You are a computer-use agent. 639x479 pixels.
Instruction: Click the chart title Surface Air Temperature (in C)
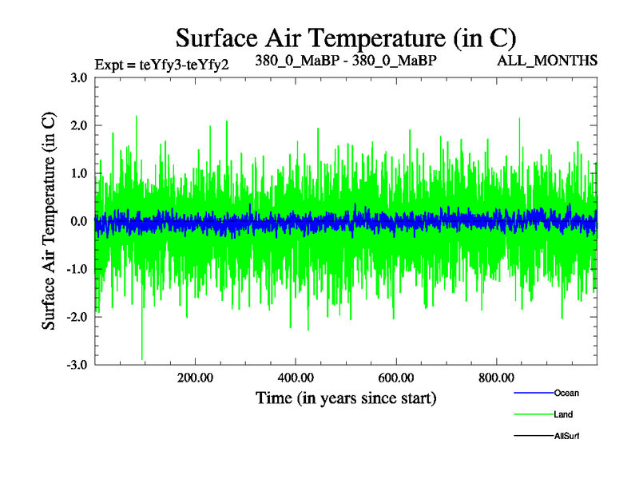[345, 38]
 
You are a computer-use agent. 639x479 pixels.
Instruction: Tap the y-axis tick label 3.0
[79, 77]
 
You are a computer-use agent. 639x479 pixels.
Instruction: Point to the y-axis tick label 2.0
[79, 125]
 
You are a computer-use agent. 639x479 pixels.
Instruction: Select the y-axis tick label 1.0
[79, 173]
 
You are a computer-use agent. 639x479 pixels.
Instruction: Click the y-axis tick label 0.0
[79, 221]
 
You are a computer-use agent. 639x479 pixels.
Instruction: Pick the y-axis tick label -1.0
[77, 269]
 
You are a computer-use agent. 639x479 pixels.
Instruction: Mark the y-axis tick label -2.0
[77, 317]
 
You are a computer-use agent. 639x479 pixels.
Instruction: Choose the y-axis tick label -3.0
[77, 365]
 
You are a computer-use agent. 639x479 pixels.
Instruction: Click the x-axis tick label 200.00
[195, 378]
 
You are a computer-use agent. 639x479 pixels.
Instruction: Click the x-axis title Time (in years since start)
[345, 397]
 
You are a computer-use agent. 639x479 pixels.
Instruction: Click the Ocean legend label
[566, 393]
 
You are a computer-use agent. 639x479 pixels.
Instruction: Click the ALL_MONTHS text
[547, 60]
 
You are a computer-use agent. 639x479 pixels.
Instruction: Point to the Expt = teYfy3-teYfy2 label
[162, 65]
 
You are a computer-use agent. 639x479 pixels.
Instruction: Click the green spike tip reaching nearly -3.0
[142, 359]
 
